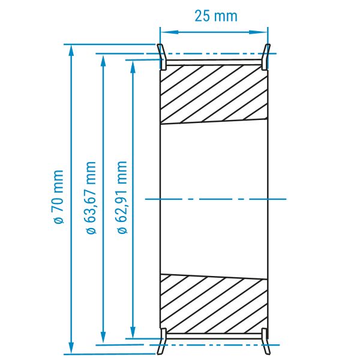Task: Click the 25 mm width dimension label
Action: pos(216,16)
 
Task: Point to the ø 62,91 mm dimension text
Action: pos(122,197)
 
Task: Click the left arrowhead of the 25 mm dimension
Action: pos(169,32)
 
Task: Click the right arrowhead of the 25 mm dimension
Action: pos(259,32)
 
